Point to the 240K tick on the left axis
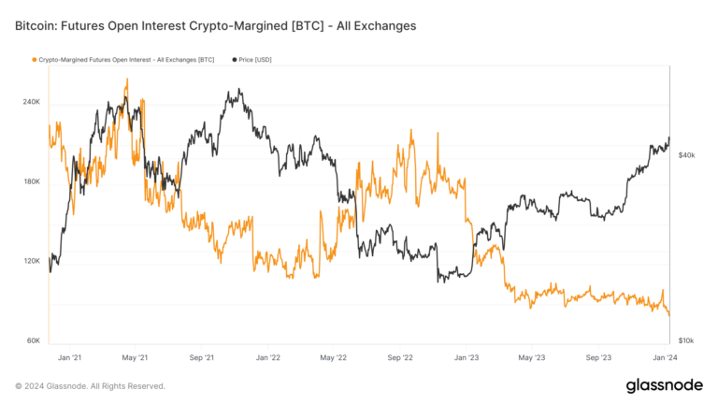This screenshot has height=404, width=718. coord(30,102)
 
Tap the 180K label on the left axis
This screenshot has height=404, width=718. coord(30,181)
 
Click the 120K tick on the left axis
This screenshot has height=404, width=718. coord(30,261)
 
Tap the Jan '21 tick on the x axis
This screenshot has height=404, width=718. coord(70,357)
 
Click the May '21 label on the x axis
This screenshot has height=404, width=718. coord(136,357)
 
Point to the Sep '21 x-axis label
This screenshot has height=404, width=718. coord(202,357)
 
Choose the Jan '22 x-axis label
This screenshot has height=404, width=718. coord(268,357)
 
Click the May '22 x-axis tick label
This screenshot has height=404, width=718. coord(334,357)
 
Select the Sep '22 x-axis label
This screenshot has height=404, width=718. coord(400,357)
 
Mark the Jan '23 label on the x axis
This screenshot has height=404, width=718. coord(467,357)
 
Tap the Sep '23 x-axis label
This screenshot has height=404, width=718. coord(598,357)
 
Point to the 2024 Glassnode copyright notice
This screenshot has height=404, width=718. coord(91,386)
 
